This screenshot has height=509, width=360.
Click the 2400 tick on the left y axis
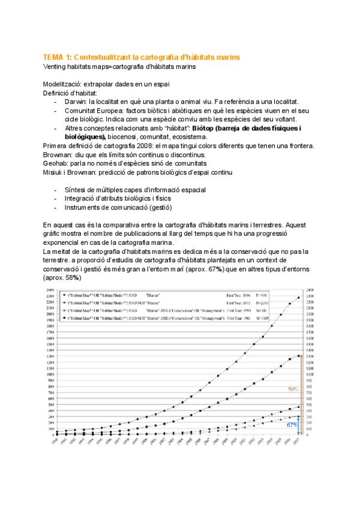50,291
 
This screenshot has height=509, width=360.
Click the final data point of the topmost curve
298,298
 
